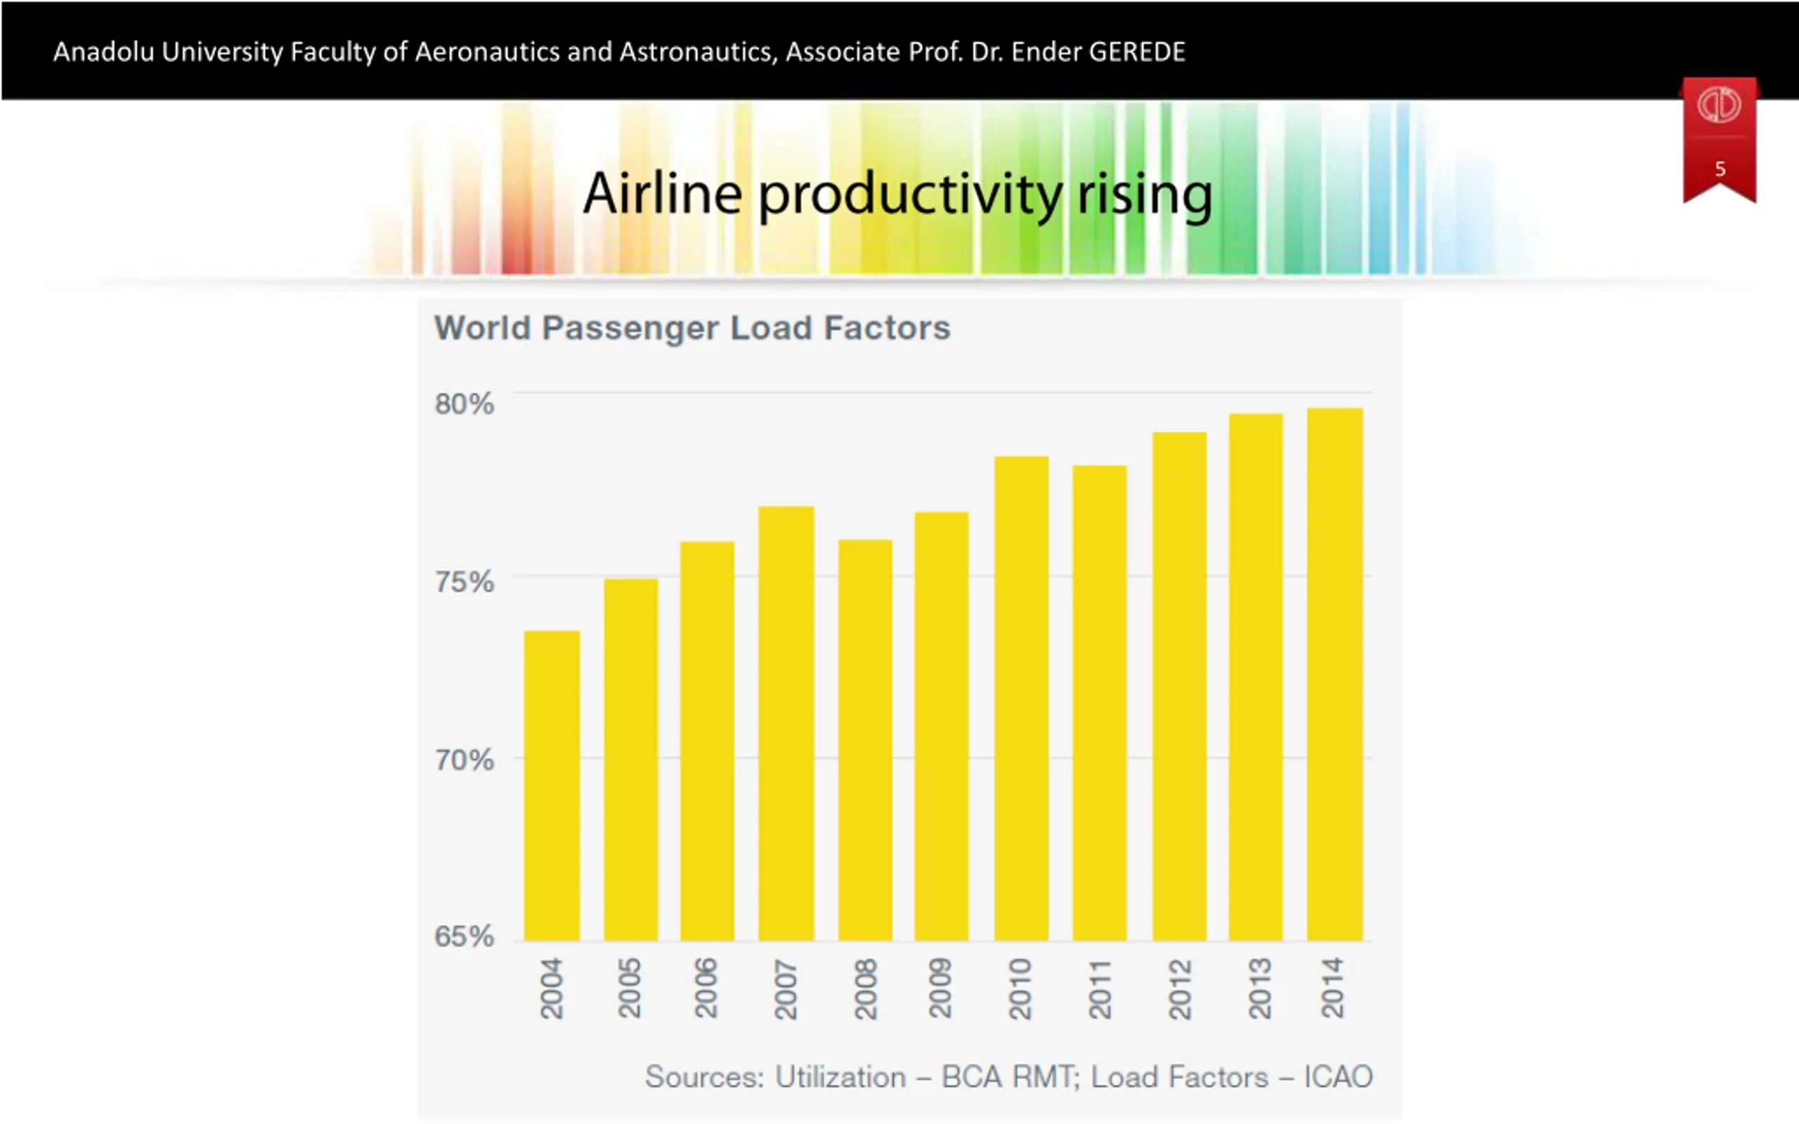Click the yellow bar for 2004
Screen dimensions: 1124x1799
pyautogui.click(x=552, y=786)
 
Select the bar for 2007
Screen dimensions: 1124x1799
pyautogui.click(x=786, y=724)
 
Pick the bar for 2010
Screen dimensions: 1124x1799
pyautogui.click(x=1021, y=698)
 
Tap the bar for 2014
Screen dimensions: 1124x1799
pyautogui.click(x=1334, y=674)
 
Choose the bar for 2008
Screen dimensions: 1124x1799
pyautogui.click(x=864, y=740)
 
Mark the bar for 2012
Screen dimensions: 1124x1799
pyautogui.click(x=1179, y=686)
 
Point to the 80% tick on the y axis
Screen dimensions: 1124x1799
pyautogui.click(x=464, y=404)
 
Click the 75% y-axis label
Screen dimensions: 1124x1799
pyautogui.click(x=464, y=582)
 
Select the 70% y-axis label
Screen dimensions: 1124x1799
pyautogui.click(x=464, y=759)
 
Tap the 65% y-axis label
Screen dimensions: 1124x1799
pyautogui.click(x=464, y=936)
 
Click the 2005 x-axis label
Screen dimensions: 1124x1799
pyautogui.click(x=630, y=988)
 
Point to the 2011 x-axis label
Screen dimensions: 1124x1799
pyautogui.click(x=1100, y=988)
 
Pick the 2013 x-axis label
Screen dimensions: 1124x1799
pyautogui.click(x=1259, y=988)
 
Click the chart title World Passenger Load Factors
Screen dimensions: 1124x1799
pyautogui.click(x=692, y=328)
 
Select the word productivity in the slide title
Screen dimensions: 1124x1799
pyautogui.click(x=910, y=195)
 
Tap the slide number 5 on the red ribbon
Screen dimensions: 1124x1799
pyautogui.click(x=1720, y=169)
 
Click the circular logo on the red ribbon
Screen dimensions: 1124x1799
pyautogui.click(x=1719, y=105)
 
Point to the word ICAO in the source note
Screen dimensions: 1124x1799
pyautogui.click(x=1337, y=1076)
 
